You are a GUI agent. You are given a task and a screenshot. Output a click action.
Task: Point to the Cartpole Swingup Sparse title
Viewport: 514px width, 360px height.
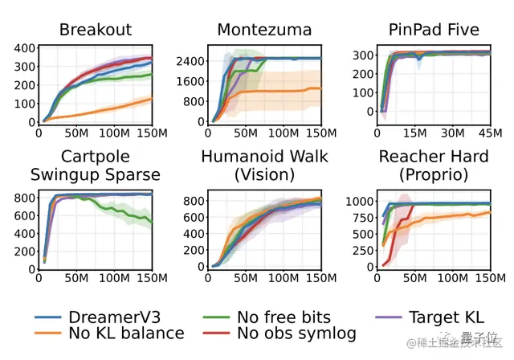95,165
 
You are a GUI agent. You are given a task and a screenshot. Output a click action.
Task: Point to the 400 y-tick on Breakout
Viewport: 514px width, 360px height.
24,47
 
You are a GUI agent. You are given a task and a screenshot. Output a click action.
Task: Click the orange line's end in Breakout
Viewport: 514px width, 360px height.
152,99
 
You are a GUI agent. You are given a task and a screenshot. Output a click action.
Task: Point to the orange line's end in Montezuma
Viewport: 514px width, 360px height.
320,88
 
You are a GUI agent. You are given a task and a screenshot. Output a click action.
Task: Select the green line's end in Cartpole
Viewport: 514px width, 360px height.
152,223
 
